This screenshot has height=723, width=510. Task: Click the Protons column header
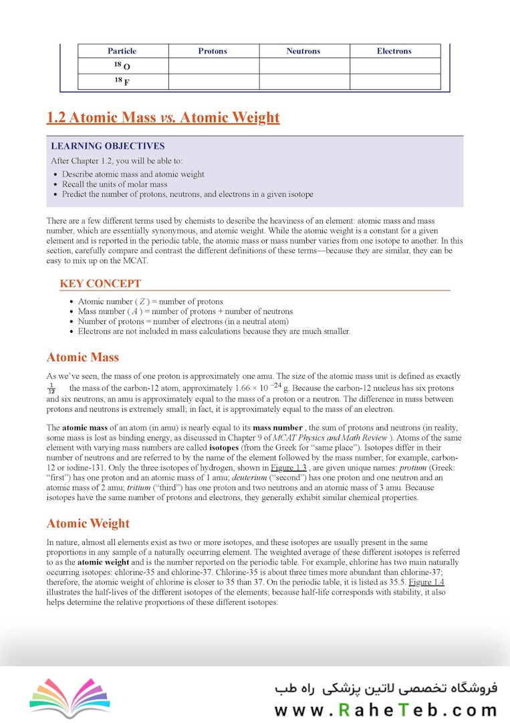pos(213,51)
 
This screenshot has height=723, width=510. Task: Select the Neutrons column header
pos(303,51)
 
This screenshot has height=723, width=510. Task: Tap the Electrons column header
pos(394,51)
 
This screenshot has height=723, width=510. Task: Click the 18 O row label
pos(122,66)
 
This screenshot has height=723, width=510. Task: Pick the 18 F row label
pos(122,82)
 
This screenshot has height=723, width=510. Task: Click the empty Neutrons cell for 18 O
pos(304,66)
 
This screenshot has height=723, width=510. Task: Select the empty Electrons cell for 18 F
pos(395,82)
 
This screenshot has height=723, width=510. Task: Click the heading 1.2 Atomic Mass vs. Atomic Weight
pos(163,118)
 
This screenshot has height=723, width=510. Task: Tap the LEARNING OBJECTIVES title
pos(108,146)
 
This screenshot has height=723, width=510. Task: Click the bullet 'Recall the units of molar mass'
pos(114,184)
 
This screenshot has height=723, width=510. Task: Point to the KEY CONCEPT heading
pos(100,284)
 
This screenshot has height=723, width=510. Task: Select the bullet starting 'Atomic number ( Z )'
pos(150,302)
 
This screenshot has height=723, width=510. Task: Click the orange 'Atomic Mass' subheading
pos(83,357)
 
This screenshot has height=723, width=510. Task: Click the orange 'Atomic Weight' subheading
pos(88,524)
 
